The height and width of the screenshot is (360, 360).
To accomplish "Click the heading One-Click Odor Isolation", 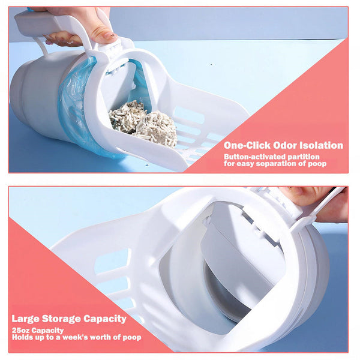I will point(283,145).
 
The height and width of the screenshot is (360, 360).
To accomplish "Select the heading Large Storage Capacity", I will point(69,319).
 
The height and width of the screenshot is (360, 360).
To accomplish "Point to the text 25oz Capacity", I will point(37,330).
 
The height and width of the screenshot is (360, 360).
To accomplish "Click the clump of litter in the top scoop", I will point(144,124).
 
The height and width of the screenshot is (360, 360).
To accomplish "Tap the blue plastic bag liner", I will point(75,108).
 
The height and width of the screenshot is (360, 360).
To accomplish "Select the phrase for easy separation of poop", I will point(275,164).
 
